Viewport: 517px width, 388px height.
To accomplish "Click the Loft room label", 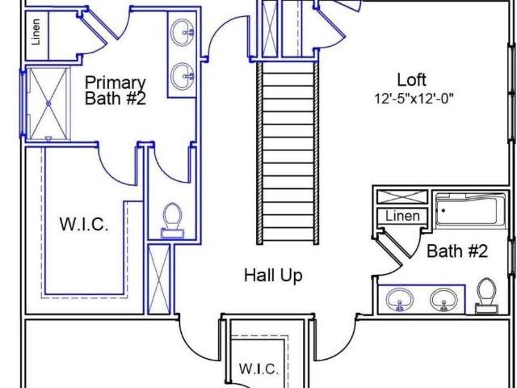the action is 411,80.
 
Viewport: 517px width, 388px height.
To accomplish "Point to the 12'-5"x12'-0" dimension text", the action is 414,99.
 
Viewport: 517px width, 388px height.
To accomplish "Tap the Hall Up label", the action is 273,275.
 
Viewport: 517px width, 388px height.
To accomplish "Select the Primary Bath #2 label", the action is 115,91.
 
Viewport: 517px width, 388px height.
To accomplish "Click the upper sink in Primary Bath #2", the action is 182,32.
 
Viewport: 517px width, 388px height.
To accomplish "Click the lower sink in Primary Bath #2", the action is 182,76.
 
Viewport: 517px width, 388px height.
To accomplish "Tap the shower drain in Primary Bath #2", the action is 48,103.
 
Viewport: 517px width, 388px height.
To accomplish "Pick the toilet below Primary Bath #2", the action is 172,220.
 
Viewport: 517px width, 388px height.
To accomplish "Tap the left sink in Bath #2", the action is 400,300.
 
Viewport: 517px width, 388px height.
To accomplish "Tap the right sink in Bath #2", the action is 443,300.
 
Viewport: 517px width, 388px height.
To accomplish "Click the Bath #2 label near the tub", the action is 457,251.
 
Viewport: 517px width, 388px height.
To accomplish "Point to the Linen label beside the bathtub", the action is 402,216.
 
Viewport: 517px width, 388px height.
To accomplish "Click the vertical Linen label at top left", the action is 36,32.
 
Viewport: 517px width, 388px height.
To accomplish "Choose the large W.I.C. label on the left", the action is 84,224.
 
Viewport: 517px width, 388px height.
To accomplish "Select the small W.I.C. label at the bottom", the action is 258,369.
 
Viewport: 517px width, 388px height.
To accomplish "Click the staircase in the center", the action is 288,153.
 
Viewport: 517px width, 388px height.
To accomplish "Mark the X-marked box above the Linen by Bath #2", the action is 402,197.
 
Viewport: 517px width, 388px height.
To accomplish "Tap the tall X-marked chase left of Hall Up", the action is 159,279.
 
